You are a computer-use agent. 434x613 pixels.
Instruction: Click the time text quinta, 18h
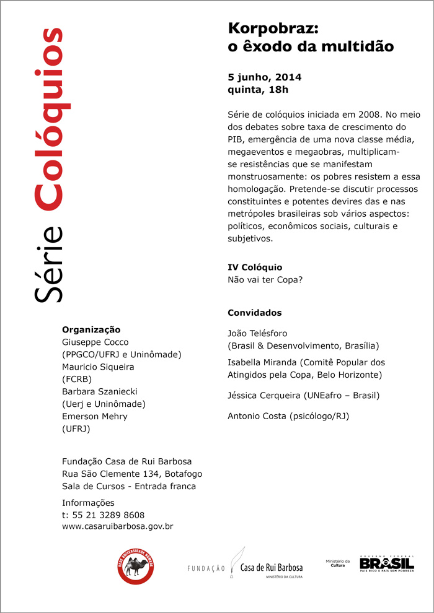[259, 90]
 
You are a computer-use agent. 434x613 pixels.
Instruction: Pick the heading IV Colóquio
[255, 267]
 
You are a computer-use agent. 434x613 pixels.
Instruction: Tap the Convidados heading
[255, 313]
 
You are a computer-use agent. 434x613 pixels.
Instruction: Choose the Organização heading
[91, 329]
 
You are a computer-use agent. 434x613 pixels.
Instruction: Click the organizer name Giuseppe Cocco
[95, 342]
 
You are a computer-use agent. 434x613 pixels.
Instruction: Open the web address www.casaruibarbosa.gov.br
[117, 526]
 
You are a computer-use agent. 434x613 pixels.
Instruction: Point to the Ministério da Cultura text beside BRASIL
[338, 563]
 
